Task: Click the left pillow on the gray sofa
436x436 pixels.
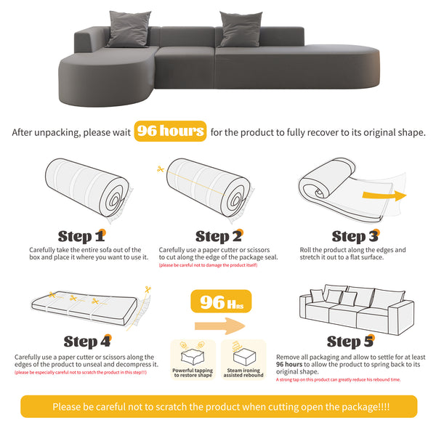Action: pyautogui.click(x=129, y=28)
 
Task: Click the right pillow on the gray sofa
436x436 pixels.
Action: pyautogui.click(x=241, y=28)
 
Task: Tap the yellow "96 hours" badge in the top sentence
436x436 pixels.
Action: pyautogui.click(x=169, y=132)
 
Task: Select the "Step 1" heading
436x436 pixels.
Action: pyautogui.click(x=81, y=236)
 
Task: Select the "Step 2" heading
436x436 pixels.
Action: pyautogui.click(x=217, y=236)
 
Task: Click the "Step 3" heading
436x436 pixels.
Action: pyautogui.click(x=355, y=236)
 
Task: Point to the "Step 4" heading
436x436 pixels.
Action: pyautogui.click(x=86, y=341)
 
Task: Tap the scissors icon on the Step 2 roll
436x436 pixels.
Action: pyautogui.click(x=160, y=169)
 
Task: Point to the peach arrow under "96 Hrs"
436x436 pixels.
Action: pyautogui.click(x=218, y=326)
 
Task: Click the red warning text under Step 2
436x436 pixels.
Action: pyautogui.click(x=208, y=265)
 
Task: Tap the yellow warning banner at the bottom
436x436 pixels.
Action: pyautogui.click(x=218, y=407)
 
